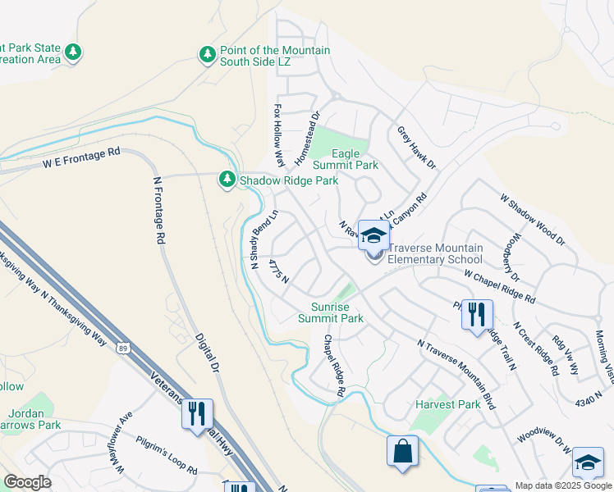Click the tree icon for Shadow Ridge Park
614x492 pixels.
tap(227, 180)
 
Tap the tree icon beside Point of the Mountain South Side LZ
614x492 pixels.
tap(208, 54)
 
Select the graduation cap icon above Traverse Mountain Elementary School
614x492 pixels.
tap(373, 236)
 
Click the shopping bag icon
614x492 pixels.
tap(402, 451)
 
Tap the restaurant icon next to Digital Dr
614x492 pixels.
tap(197, 414)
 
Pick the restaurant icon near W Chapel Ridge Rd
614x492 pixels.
tap(477, 314)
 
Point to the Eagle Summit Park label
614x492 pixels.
tap(355, 159)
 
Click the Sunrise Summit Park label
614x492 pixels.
tap(330, 312)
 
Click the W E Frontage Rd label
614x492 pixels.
tap(82, 158)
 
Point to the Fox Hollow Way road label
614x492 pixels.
tap(279, 135)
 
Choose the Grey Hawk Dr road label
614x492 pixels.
tap(417, 148)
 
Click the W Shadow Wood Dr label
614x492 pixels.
tap(533, 219)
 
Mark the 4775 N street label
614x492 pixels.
tap(279, 271)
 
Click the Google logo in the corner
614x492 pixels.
tap(27, 482)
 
